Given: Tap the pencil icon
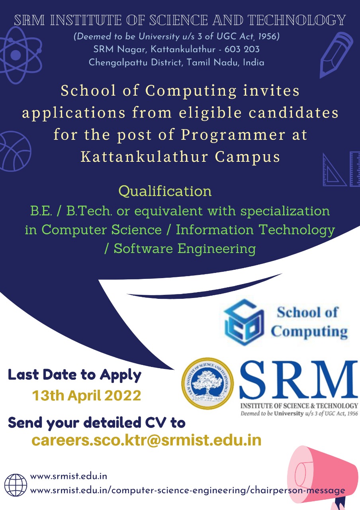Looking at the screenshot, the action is point(336,55).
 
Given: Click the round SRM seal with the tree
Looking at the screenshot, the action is point(207,383).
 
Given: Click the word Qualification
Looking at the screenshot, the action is point(165,191).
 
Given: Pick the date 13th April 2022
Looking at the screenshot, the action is point(86,395).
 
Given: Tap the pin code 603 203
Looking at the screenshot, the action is point(242,49).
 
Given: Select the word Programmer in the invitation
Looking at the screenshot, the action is point(233,135).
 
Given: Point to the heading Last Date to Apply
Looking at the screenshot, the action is point(74,375).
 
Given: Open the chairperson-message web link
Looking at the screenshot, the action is point(188,490).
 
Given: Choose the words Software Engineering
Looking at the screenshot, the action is point(184,248).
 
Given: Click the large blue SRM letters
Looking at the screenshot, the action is point(299,380).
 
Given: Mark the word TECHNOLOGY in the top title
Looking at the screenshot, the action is point(297,20).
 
